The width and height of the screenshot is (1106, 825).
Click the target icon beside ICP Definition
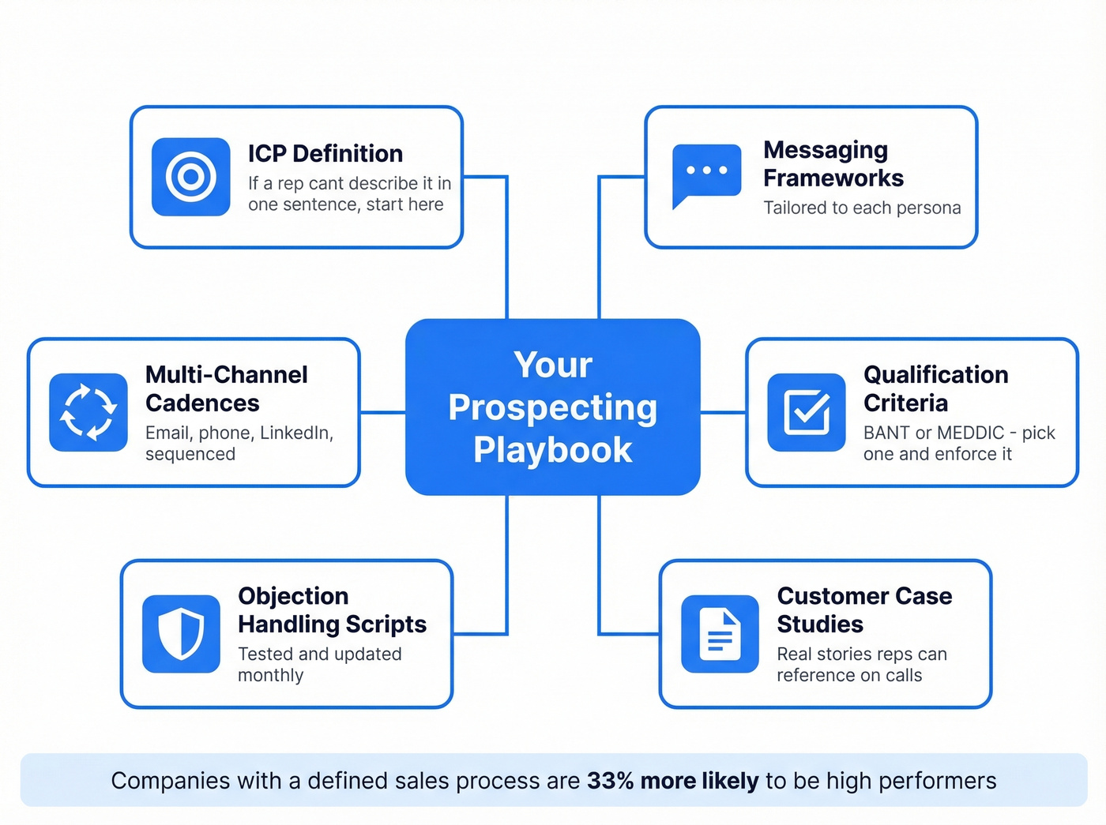point(190,177)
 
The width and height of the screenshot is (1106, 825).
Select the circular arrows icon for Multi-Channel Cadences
point(88,412)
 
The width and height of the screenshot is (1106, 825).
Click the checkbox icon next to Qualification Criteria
point(807,412)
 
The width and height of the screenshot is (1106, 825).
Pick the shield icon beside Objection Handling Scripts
point(181,633)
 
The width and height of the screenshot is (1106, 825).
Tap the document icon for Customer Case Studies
point(720,634)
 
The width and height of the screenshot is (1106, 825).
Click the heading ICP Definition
point(325,153)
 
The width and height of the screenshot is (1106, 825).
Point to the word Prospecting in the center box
point(552,407)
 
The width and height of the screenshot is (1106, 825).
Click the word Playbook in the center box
point(552,450)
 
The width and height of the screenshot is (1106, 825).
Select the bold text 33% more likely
point(672,781)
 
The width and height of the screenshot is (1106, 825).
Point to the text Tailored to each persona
point(862,208)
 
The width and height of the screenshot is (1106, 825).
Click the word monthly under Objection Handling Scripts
point(270,676)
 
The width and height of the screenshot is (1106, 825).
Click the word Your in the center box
point(552,365)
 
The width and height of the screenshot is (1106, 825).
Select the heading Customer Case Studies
point(863,609)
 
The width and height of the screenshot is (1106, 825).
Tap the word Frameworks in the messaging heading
point(833,178)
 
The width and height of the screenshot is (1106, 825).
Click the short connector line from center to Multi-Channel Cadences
point(383,412)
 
